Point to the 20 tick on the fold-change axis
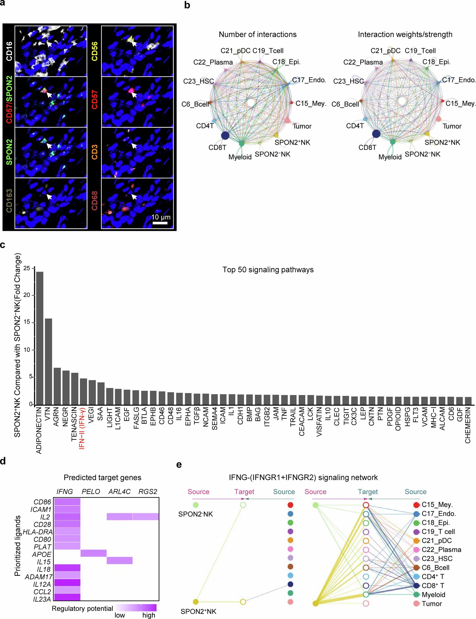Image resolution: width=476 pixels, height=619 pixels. click(x=27, y=295)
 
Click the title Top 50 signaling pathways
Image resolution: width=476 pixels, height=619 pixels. click(x=268, y=270)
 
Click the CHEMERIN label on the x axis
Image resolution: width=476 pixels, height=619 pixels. click(x=468, y=425)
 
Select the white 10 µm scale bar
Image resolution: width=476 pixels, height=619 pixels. click(x=160, y=223)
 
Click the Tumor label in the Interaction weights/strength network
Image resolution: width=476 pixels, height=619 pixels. click(x=452, y=126)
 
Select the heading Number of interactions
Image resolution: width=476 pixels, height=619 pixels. click(x=257, y=35)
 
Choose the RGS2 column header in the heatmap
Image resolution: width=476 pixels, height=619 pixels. click(x=148, y=491)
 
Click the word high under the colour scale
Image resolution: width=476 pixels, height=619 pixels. click(x=149, y=615)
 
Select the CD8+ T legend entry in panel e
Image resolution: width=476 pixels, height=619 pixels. click(x=433, y=585)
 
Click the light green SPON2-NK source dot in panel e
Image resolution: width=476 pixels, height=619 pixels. click(x=196, y=505)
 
